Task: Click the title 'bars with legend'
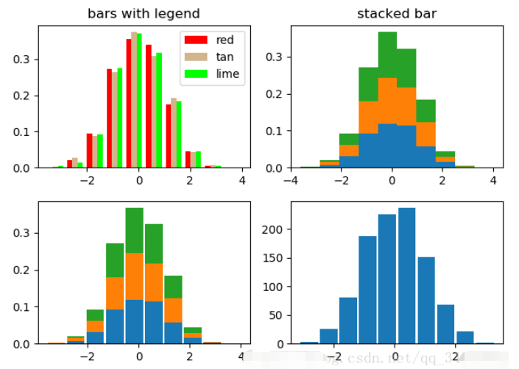(144, 14)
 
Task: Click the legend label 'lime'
(227, 74)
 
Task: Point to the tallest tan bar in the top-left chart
(134, 100)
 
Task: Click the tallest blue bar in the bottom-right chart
(406, 276)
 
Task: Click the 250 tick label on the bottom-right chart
(274, 201)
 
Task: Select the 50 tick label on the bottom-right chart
(277, 315)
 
